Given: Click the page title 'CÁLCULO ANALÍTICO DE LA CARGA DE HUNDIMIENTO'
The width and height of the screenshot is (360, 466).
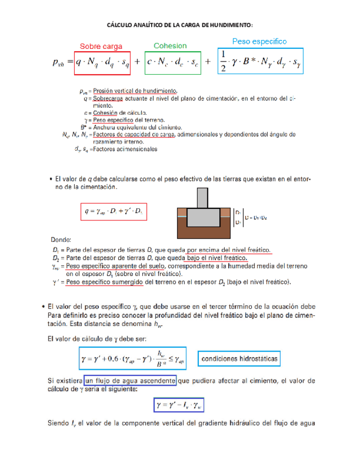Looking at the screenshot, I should click(x=179, y=25).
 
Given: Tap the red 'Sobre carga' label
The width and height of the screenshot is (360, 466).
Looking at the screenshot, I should click(x=101, y=47).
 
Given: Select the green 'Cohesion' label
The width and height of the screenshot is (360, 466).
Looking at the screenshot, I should click(x=170, y=46).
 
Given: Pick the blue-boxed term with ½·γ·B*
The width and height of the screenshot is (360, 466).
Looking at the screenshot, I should click(x=261, y=62).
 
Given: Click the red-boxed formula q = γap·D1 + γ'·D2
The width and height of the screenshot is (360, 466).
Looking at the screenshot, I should click(x=114, y=211).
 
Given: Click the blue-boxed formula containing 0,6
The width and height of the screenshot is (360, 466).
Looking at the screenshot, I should click(x=132, y=359).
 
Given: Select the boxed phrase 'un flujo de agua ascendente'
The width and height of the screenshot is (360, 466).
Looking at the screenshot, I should click(x=130, y=380).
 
